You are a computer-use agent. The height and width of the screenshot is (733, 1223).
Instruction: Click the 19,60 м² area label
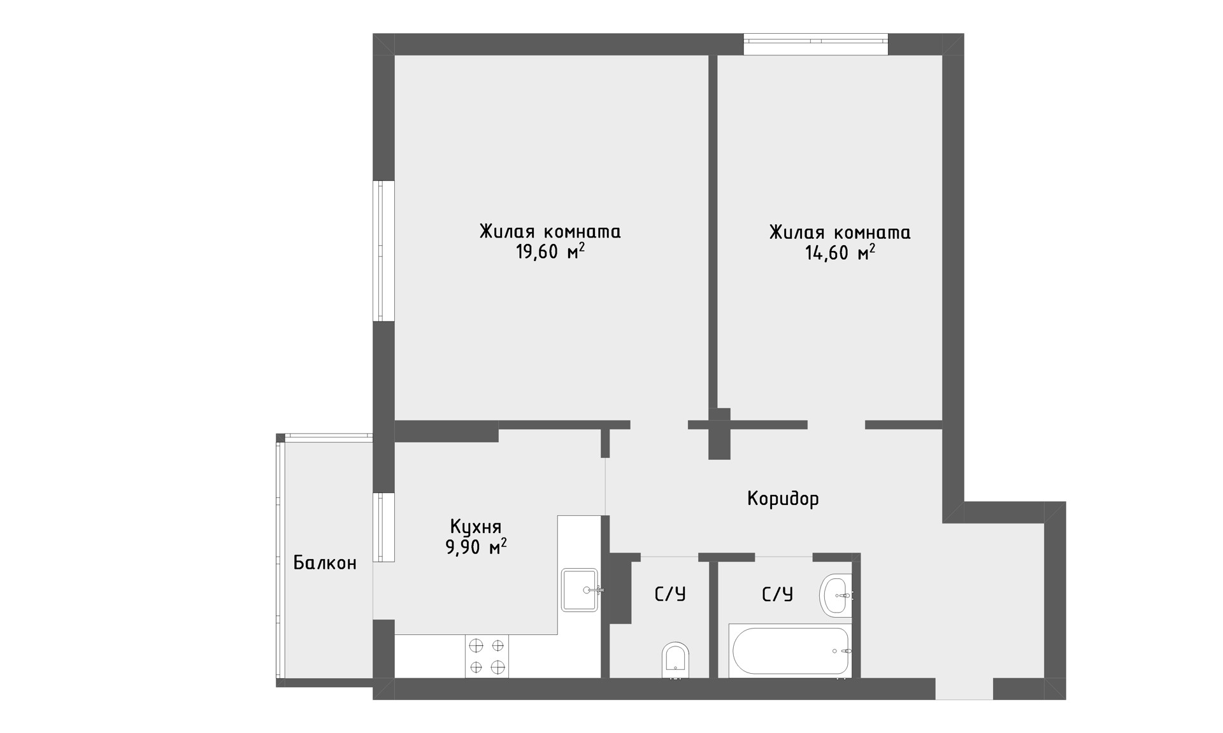[x=550, y=252]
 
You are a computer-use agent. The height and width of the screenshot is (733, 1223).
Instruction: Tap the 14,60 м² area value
[x=840, y=253]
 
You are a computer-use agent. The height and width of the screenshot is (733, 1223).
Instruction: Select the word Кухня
[x=476, y=527]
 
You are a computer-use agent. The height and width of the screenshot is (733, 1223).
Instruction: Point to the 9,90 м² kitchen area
[x=476, y=546]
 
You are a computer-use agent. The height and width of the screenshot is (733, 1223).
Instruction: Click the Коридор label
[x=783, y=499]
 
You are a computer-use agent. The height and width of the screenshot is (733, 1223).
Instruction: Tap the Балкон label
[x=325, y=563]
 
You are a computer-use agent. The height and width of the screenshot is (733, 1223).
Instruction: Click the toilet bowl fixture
[x=676, y=661]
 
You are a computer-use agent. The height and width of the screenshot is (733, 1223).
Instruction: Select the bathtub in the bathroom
[x=790, y=651]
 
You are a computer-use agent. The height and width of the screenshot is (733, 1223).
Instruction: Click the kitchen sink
[x=580, y=590]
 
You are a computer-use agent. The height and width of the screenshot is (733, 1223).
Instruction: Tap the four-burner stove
[x=487, y=657]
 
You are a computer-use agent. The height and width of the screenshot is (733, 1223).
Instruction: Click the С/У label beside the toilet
[x=670, y=595]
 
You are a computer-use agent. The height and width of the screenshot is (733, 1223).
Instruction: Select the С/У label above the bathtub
[x=777, y=595]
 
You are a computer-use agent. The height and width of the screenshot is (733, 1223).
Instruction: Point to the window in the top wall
[x=816, y=43]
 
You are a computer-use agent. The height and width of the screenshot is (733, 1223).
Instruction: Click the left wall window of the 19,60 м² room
[x=383, y=251]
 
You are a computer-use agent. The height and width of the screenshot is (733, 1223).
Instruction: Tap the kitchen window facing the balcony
[x=383, y=527]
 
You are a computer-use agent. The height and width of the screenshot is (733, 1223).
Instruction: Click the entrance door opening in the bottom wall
[x=964, y=689]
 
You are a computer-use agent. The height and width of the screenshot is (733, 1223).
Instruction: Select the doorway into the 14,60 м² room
[x=836, y=425]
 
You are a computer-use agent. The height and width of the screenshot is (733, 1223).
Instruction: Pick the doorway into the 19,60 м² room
[x=659, y=425]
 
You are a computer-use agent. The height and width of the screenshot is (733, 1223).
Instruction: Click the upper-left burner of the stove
[x=476, y=646]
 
